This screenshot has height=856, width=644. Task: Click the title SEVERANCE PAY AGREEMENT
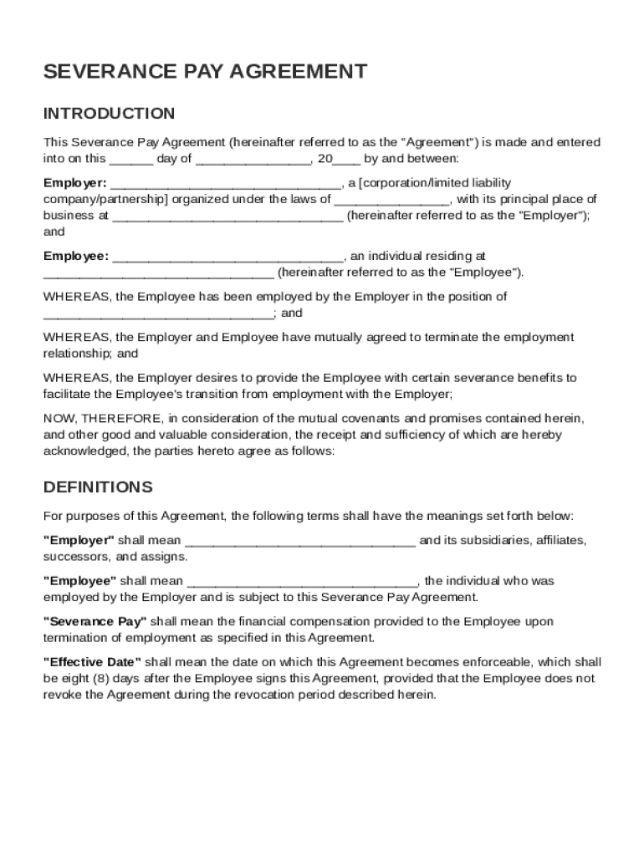click(x=205, y=72)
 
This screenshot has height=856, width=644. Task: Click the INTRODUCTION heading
click(x=109, y=114)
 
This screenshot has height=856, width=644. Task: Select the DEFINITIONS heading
click(x=98, y=487)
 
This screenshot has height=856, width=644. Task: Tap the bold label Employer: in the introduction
click(x=74, y=183)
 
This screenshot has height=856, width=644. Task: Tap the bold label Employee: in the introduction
click(x=76, y=257)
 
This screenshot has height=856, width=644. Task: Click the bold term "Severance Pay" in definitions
click(x=95, y=622)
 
